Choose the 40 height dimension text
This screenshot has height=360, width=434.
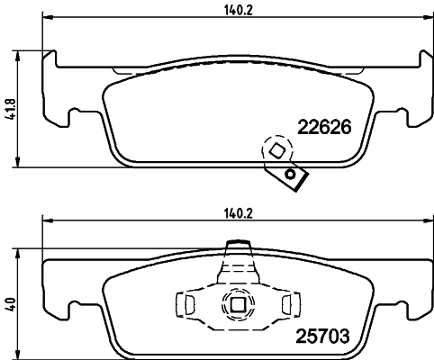point(10,304)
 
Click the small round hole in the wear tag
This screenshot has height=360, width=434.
point(290,174)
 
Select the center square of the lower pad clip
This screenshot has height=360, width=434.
point(238,306)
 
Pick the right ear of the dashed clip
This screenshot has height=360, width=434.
point(289,305)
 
